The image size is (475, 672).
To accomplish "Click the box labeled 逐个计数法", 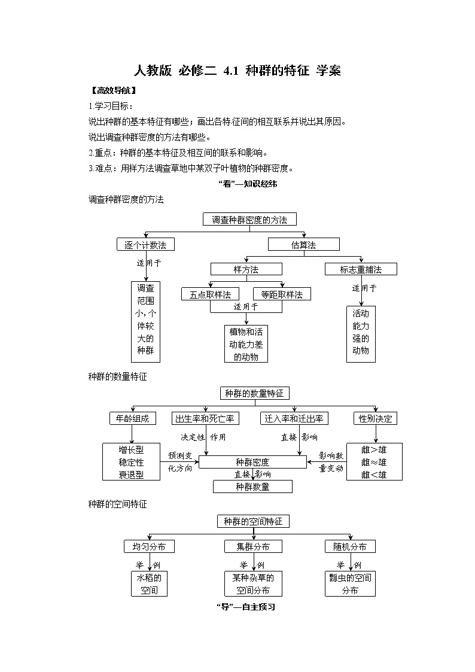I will [145, 245].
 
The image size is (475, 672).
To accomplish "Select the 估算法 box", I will [303, 245].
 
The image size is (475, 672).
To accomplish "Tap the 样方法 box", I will [246, 270].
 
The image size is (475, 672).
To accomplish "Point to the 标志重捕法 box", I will [361, 270].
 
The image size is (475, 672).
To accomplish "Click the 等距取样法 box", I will [282, 294].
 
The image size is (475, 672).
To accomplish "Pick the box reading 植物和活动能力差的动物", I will [246, 344].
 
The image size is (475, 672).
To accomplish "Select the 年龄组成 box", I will [133, 419].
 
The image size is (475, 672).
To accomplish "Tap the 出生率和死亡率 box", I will [206, 419].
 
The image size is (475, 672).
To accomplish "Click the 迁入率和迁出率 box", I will [294, 419].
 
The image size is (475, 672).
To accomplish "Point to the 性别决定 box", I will [376, 419].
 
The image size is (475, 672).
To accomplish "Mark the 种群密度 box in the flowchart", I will [252, 462].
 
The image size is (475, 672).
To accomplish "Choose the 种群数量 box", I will [252, 486].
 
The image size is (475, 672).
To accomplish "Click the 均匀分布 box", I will [149, 546].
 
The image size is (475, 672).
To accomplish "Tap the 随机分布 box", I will [351, 546].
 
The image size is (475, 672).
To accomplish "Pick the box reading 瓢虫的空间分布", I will [351, 584].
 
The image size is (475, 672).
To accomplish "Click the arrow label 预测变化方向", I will [180, 462].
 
